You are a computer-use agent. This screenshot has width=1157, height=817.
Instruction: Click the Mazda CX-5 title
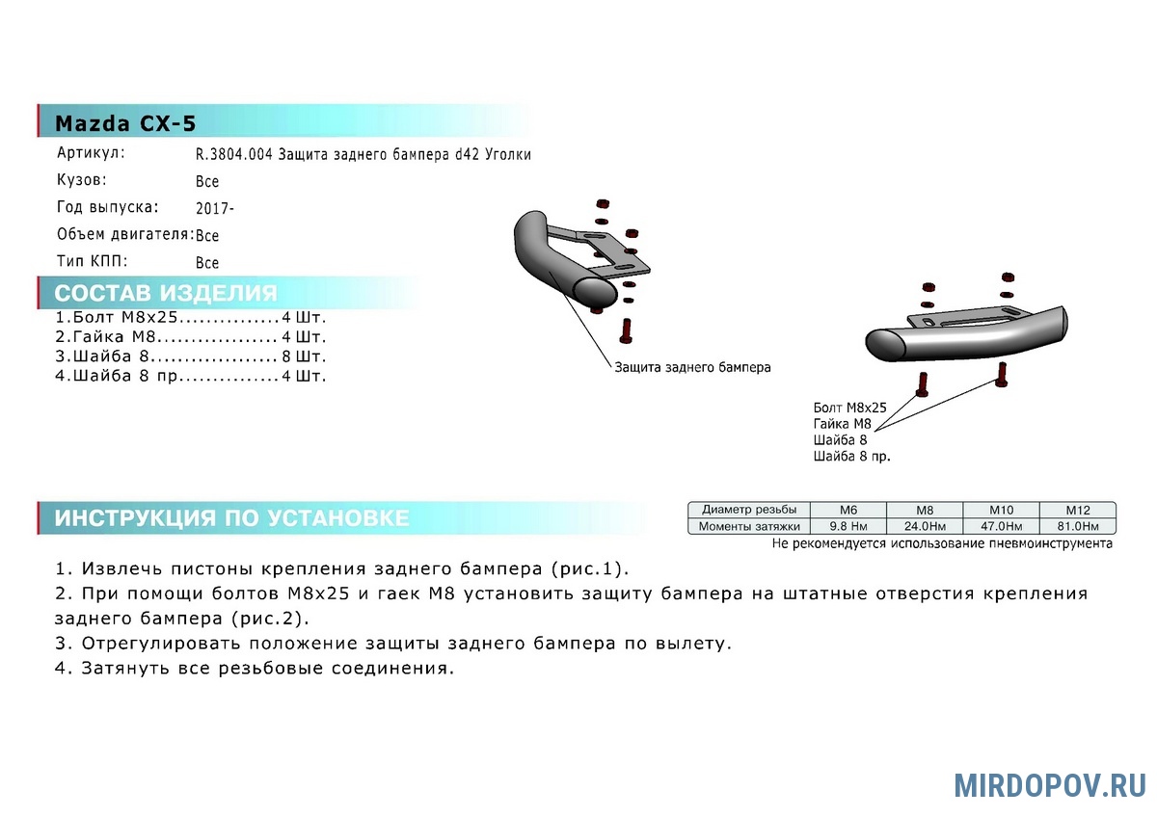125,123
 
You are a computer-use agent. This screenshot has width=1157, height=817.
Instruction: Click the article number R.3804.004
233,154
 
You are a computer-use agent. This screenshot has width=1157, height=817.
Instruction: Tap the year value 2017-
215,208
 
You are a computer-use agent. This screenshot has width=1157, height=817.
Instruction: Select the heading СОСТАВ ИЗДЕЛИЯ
166,293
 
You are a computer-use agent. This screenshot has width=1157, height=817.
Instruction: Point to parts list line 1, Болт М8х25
191,317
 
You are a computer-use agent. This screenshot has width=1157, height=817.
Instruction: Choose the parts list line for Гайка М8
191,336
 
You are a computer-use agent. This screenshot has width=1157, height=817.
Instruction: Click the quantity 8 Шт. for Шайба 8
305,356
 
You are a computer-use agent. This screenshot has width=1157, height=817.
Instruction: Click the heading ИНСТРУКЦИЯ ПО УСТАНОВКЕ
232,517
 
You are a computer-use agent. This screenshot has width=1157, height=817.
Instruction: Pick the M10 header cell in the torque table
1001,510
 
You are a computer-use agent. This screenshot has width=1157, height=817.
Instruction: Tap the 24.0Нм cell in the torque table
925,526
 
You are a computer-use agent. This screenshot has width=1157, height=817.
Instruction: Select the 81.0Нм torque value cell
1078,526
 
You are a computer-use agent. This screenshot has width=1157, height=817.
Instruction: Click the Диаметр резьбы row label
749,510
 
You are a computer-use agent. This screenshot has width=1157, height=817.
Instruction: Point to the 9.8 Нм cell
848,526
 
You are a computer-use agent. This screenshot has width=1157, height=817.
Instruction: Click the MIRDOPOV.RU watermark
1050,786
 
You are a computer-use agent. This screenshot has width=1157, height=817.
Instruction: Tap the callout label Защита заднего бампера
692,367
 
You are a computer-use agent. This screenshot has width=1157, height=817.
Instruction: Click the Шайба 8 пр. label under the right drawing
851,457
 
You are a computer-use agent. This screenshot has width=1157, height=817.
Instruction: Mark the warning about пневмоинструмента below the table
942,543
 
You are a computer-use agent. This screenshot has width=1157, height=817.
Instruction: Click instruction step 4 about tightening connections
255,669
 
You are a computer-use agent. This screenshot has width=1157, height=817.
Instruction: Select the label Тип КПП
92,261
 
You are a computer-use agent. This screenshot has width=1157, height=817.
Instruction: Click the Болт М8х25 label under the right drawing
849,408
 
